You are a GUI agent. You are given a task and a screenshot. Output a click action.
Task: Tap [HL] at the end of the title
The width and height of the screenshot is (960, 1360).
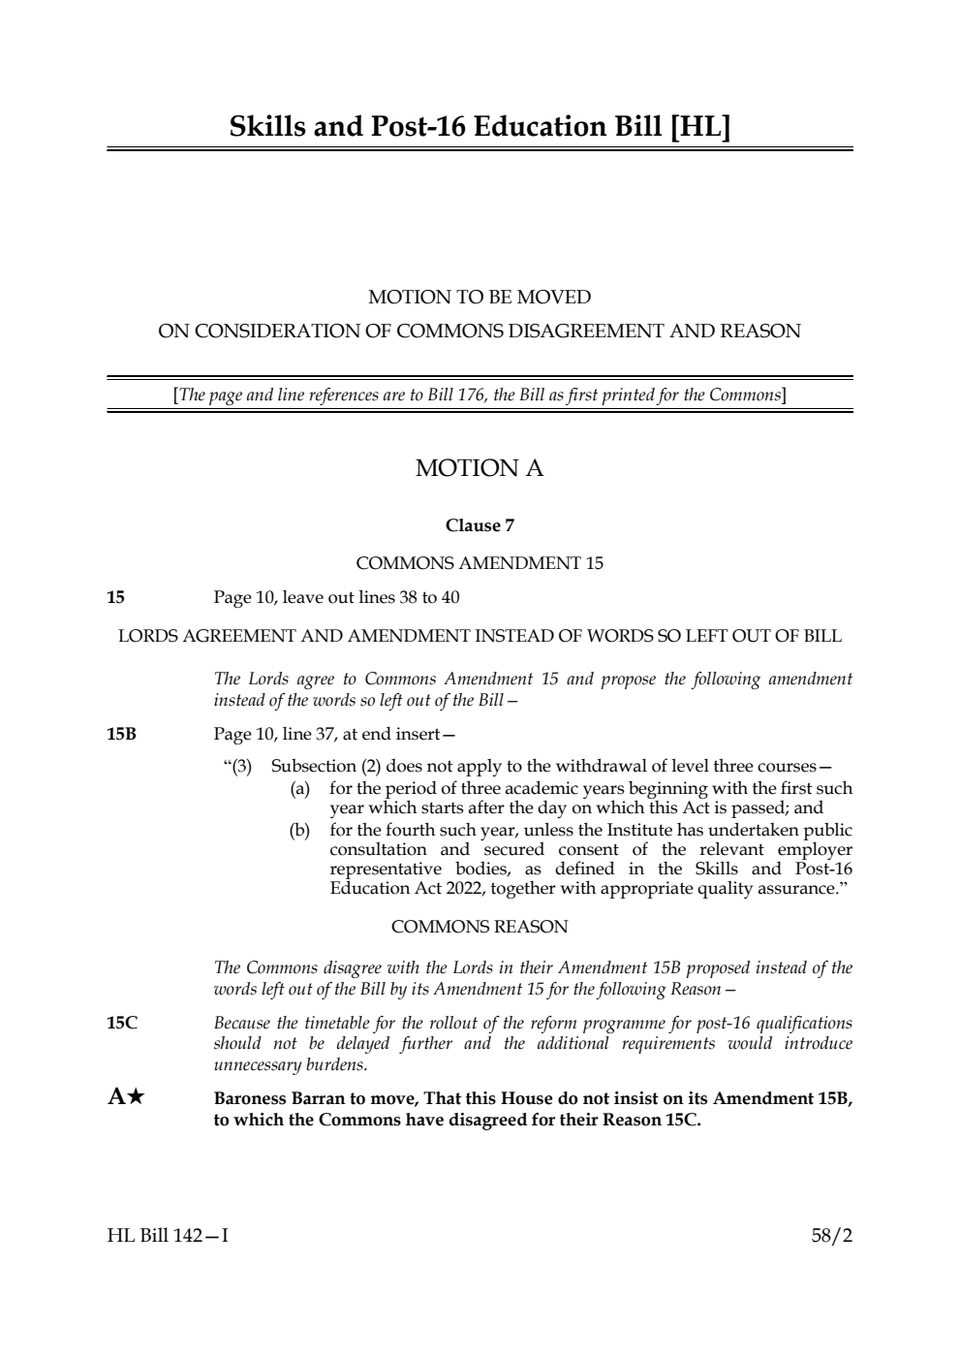[699, 127]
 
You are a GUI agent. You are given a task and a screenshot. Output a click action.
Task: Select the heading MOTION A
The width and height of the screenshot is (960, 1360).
[480, 468]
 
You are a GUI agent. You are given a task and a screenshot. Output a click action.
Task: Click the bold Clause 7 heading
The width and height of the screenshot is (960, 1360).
[480, 525]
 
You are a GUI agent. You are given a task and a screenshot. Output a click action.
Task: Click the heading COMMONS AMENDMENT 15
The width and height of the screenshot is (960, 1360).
[480, 563]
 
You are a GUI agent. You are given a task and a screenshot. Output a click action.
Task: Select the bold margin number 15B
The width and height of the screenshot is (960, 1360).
[122, 734]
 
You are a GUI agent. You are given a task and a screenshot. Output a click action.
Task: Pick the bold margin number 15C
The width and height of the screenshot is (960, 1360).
[122, 1023]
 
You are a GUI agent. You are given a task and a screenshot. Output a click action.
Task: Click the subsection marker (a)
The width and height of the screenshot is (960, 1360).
[300, 789]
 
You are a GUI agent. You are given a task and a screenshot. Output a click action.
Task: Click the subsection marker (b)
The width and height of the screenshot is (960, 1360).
[300, 831]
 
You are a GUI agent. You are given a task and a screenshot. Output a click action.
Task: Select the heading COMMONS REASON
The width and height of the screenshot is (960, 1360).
[480, 927]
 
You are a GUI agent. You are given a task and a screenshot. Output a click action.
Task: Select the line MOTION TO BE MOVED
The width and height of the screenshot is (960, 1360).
[480, 297]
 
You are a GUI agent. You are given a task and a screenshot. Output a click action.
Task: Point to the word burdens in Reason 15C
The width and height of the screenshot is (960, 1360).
[339, 1064]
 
